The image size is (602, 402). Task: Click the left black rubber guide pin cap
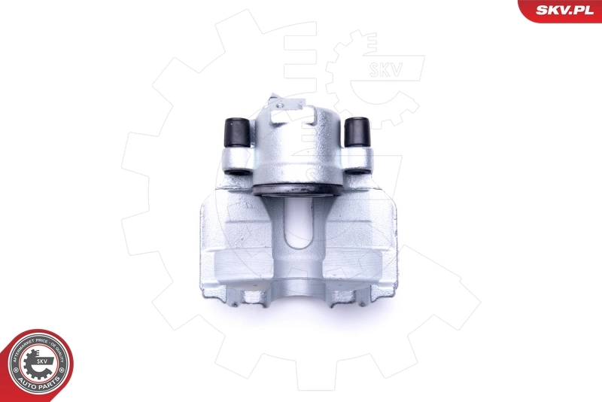(x=239, y=133)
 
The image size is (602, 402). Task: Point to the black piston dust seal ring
(x=293, y=189)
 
